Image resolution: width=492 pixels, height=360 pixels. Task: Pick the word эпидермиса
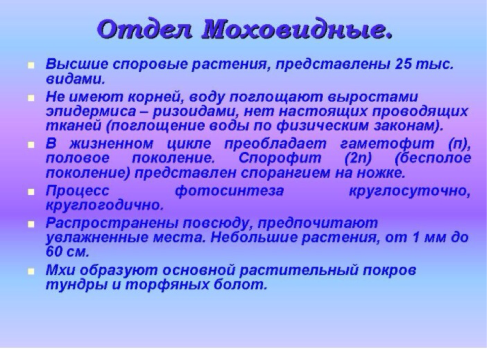91,112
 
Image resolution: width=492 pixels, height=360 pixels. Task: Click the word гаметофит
387,144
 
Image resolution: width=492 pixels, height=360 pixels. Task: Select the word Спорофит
280,158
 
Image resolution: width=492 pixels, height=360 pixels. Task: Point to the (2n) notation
358,158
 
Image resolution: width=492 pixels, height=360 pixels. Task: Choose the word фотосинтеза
229,191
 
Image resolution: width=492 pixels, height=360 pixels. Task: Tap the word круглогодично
105,205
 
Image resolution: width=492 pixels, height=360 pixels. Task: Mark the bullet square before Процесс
31,192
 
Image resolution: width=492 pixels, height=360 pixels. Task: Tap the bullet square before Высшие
31,65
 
